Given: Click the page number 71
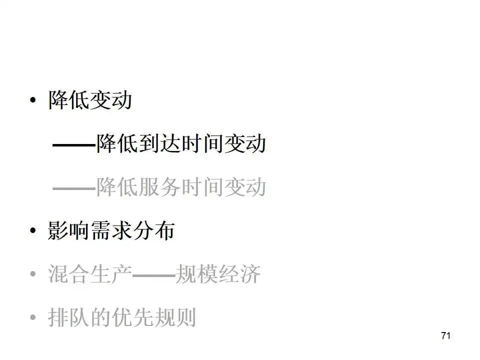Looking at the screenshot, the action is (446, 335).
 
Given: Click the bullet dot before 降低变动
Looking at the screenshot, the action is (33, 101).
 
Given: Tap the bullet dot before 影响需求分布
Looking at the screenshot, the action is (33, 231).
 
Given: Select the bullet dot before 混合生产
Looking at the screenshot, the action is (33, 274).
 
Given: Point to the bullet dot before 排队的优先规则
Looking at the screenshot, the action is (33, 317).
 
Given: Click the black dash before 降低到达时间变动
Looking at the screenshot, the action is (74, 145).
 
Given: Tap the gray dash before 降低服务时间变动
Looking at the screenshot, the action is (74, 188).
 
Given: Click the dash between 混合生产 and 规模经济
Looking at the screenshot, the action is (153, 274).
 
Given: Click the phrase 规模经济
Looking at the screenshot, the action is (217, 274).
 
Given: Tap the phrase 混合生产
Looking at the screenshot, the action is (90, 274).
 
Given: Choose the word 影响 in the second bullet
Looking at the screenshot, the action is (69, 231).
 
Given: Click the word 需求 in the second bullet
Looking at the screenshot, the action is (111, 231).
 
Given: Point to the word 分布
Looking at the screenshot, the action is (153, 231).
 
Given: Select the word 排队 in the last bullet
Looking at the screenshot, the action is (69, 317).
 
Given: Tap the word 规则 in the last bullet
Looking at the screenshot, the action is (174, 317).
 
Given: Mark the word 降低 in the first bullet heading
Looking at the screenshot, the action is (69, 100).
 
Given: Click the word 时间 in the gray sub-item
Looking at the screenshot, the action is (202, 188).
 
